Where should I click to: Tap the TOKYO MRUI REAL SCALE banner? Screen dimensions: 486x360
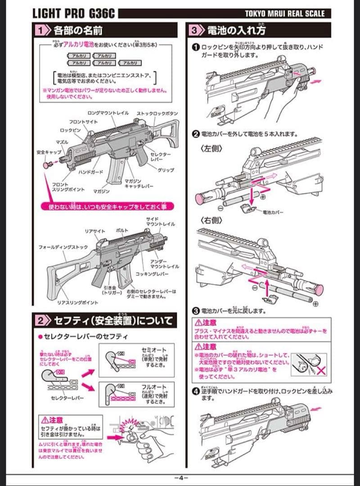coord(283,13)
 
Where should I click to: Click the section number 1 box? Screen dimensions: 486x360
coord(41,31)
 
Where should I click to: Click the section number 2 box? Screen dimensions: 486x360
coord(41,320)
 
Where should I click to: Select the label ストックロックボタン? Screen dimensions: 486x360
coord(157,113)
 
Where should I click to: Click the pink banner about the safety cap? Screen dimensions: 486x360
coord(107,207)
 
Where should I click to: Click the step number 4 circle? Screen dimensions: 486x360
coord(196,391)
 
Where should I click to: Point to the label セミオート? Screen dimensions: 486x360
coord(154,349)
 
